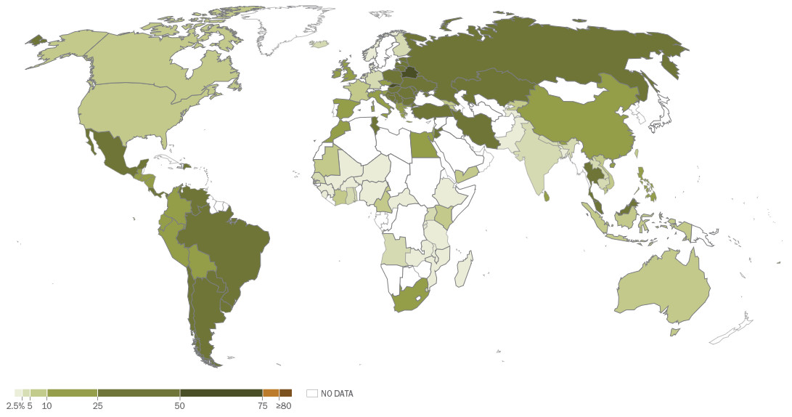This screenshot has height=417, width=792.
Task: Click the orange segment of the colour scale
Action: coord(271,393)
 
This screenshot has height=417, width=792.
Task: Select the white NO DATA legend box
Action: coord(312,394)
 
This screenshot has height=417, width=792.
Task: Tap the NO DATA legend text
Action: coord(337,394)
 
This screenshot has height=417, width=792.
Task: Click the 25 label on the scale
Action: coord(97,405)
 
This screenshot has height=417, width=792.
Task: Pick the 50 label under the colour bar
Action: coord(180,405)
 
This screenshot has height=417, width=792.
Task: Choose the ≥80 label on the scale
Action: coord(284,405)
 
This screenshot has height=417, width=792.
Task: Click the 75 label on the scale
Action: coord(262,405)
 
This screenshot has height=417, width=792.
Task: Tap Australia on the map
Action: coord(661,291)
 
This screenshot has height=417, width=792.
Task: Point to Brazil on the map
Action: coord(232,240)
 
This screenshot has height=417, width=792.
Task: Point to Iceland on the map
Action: coord(319,44)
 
